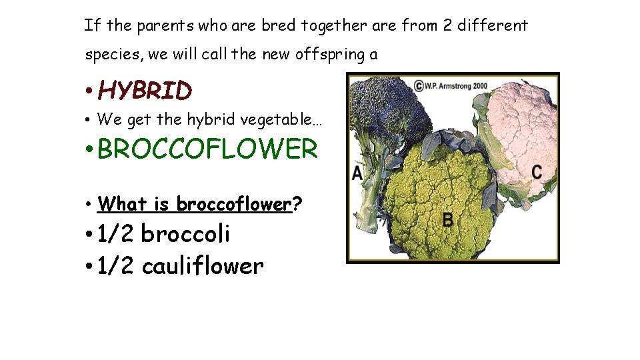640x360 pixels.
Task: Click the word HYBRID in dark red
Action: pos(145,90)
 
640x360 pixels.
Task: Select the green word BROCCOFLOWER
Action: pos(207,149)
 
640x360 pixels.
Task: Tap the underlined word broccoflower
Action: pos(234,203)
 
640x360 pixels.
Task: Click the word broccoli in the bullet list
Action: pos(185,234)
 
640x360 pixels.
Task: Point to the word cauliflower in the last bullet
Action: pos(203,266)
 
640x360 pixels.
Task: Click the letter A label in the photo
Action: pos(357,173)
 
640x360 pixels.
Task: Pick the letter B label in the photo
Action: pos(449,219)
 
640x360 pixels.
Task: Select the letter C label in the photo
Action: pos(537,171)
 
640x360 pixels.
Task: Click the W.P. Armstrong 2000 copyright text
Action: pos(453,85)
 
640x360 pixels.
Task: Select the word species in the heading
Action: pos(111,55)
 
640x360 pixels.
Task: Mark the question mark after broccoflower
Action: pos(297,203)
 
